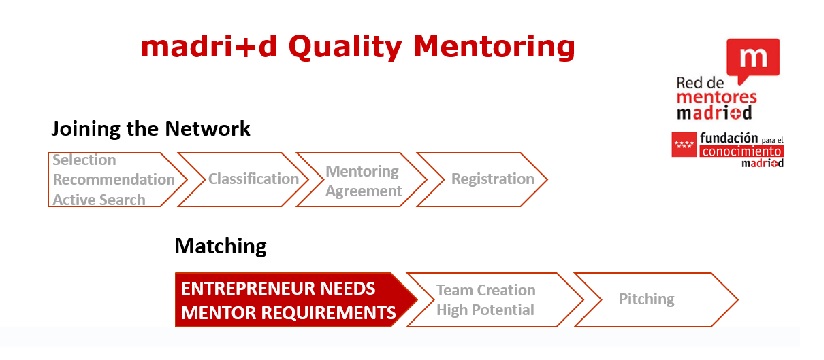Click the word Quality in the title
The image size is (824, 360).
click(345, 48)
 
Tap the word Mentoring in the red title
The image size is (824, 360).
click(494, 48)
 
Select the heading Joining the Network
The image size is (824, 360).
click(151, 129)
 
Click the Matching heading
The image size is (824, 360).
click(221, 246)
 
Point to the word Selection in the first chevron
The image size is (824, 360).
click(84, 160)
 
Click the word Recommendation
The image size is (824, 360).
click(114, 180)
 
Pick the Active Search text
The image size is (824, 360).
click(99, 200)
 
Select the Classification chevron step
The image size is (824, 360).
click(243, 179)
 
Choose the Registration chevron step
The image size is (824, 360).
click(482, 179)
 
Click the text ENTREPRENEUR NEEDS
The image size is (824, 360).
click(278, 289)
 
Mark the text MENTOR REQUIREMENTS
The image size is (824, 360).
click(289, 313)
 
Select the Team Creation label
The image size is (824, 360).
click(486, 290)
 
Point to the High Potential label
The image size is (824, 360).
click(485, 310)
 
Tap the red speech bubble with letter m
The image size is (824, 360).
click(753, 60)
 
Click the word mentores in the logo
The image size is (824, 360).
click(716, 98)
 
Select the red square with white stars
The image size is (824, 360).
click(684, 145)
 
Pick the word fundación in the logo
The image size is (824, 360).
click(729, 138)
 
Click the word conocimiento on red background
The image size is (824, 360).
click(742, 151)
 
